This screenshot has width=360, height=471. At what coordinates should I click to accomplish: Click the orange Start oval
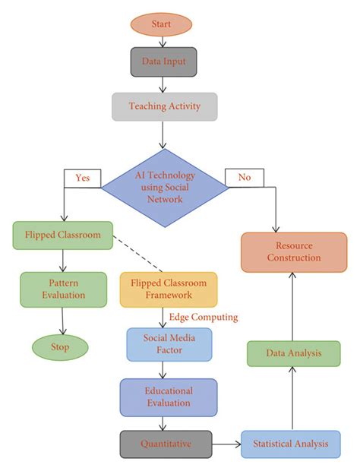(161, 24)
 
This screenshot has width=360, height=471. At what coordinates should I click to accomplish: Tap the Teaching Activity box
(165, 107)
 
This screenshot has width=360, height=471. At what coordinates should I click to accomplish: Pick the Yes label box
(82, 178)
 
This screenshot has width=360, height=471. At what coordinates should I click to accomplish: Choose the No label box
(244, 178)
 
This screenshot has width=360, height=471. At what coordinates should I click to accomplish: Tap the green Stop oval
(60, 347)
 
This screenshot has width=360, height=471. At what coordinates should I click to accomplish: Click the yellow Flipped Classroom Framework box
(168, 289)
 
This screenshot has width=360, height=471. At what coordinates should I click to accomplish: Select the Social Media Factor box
(168, 344)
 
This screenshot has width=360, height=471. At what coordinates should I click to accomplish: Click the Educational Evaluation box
(168, 397)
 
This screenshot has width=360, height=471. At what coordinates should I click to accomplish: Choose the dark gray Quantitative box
(165, 444)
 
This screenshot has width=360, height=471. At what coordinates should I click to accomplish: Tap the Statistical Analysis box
(291, 444)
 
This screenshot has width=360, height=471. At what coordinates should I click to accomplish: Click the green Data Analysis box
(292, 353)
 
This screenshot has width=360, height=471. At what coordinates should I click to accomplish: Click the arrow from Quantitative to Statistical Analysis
(226, 444)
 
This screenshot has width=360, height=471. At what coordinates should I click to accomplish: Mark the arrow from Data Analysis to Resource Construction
(293, 304)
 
